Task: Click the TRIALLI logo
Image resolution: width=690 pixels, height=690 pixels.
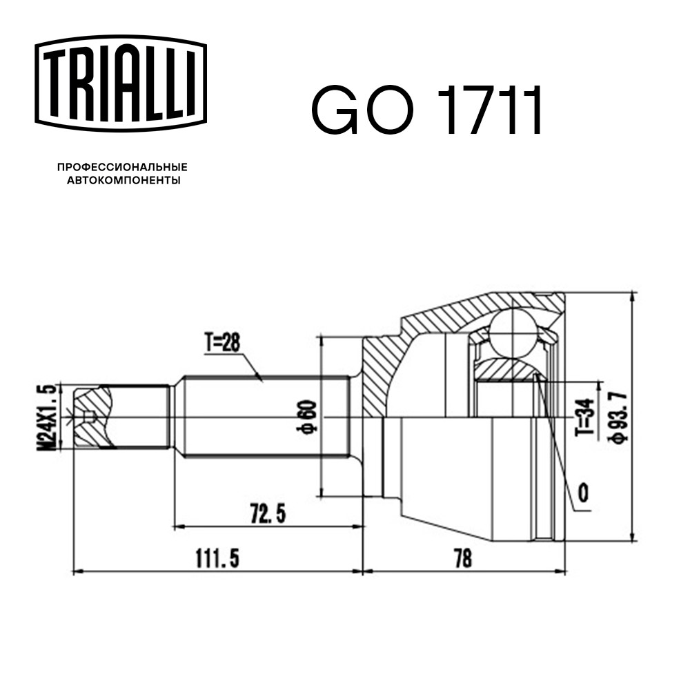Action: coord(121,83)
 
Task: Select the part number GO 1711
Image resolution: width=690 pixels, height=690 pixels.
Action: coord(426,110)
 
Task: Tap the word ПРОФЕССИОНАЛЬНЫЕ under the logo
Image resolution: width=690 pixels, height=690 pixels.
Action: coord(122,167)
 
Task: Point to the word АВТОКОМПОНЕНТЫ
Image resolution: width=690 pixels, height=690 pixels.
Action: coord(124,180)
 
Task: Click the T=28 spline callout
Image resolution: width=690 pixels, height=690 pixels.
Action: coord(222,343)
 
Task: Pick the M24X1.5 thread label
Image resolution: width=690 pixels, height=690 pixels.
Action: coord(47,417)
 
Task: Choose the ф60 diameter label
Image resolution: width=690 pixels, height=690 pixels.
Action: coord(307,416)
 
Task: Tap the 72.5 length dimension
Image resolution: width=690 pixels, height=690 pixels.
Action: coord(268,513)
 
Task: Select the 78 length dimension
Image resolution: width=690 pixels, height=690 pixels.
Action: coord(462,559)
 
